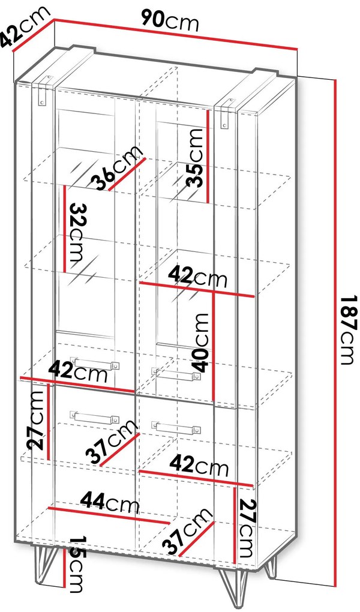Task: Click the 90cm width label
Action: (170, 20)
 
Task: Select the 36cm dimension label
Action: (116, 168)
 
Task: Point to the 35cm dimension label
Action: (194, 157)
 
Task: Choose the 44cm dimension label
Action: (110, 503)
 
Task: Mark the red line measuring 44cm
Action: (109, 516)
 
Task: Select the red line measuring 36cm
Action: (127, 174)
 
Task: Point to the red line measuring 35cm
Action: (208, 156)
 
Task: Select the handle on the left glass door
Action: (95, 363)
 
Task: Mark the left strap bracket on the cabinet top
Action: (44, 89)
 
